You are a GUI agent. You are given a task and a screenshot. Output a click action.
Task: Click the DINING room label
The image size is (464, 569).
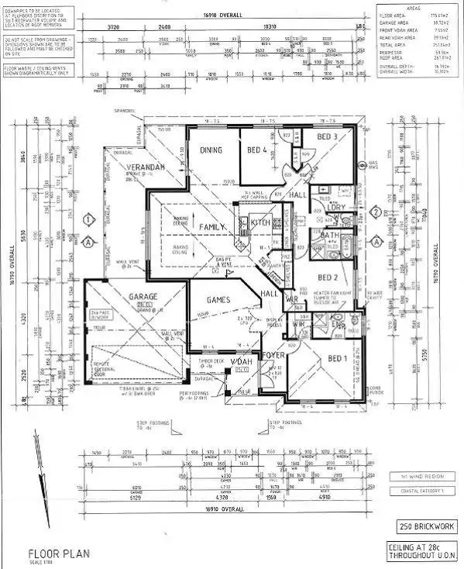(x=211, y=150)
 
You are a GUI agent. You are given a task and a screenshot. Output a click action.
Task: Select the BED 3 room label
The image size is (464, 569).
(x=327, y=137)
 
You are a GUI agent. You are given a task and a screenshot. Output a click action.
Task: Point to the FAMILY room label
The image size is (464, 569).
(x=212, y=226)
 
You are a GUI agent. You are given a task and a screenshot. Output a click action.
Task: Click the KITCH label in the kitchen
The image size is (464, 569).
(x=259, y=222)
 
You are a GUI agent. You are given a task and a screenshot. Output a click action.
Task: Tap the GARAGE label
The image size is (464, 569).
(x=122, y=297)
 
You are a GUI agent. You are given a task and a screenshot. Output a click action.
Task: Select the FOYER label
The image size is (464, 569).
(x=276, y=357)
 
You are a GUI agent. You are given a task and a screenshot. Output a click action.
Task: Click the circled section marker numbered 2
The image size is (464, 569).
(x=376, y=212)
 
